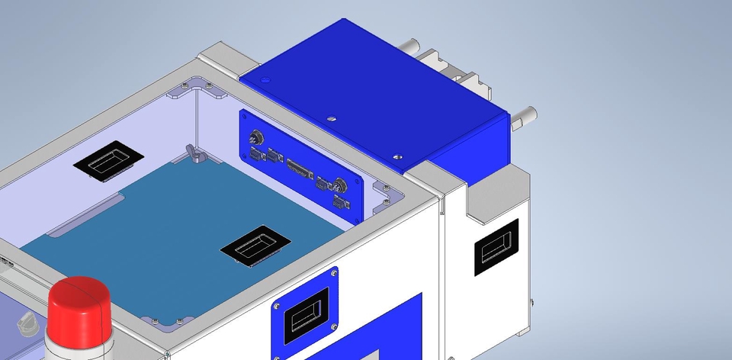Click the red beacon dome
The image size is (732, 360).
(78, 308)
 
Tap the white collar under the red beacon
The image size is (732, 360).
(76, 348)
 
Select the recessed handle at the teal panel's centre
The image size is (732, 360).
(256, 246)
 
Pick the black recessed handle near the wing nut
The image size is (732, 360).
(109, 160)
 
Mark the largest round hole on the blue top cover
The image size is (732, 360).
(265, 79)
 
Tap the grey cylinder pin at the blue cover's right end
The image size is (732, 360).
(524, 117)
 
